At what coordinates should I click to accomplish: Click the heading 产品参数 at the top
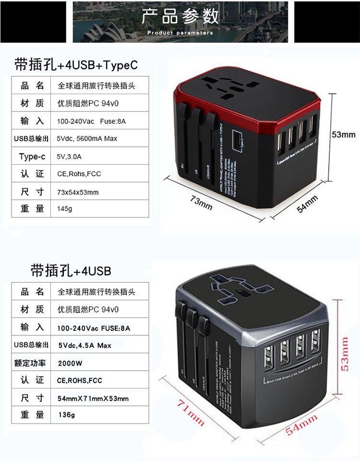tap(180, 16)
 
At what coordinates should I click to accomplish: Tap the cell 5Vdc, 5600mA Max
tap(87, 138)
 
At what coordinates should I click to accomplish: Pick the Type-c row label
tap(32, 156)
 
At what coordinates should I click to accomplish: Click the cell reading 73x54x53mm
tap(78, 192)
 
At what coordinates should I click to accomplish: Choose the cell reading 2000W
tap(70, 363)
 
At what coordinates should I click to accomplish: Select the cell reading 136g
tap(66, 415)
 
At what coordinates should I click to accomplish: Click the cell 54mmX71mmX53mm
tap(93, 398)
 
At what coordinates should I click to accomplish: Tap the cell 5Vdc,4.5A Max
tap(84, 345)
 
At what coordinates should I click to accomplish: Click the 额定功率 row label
tap(31, 363)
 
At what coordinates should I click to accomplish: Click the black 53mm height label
tap(344, 134)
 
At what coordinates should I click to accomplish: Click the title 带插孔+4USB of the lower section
tap(71, 271)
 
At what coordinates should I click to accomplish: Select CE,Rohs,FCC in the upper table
tap(79, 174)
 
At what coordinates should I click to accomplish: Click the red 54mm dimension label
tap(301, 425)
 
